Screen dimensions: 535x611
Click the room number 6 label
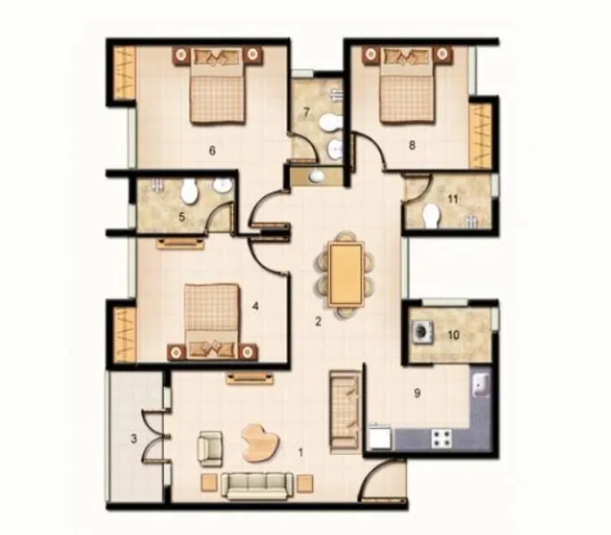(x=212, y=150)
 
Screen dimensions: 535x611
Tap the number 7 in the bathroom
(x=306, y=112)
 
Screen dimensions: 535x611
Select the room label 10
(x=453, y=335)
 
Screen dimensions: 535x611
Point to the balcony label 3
(x=134, y=439)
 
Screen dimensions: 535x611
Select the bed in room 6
(x=217, y=89)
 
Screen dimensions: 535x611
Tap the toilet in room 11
(x=431, y=215)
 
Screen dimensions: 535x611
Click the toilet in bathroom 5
(x=189, y=191)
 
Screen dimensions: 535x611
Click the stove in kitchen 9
(x=441, y=438)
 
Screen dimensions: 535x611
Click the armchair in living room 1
(x=210, y=448)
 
